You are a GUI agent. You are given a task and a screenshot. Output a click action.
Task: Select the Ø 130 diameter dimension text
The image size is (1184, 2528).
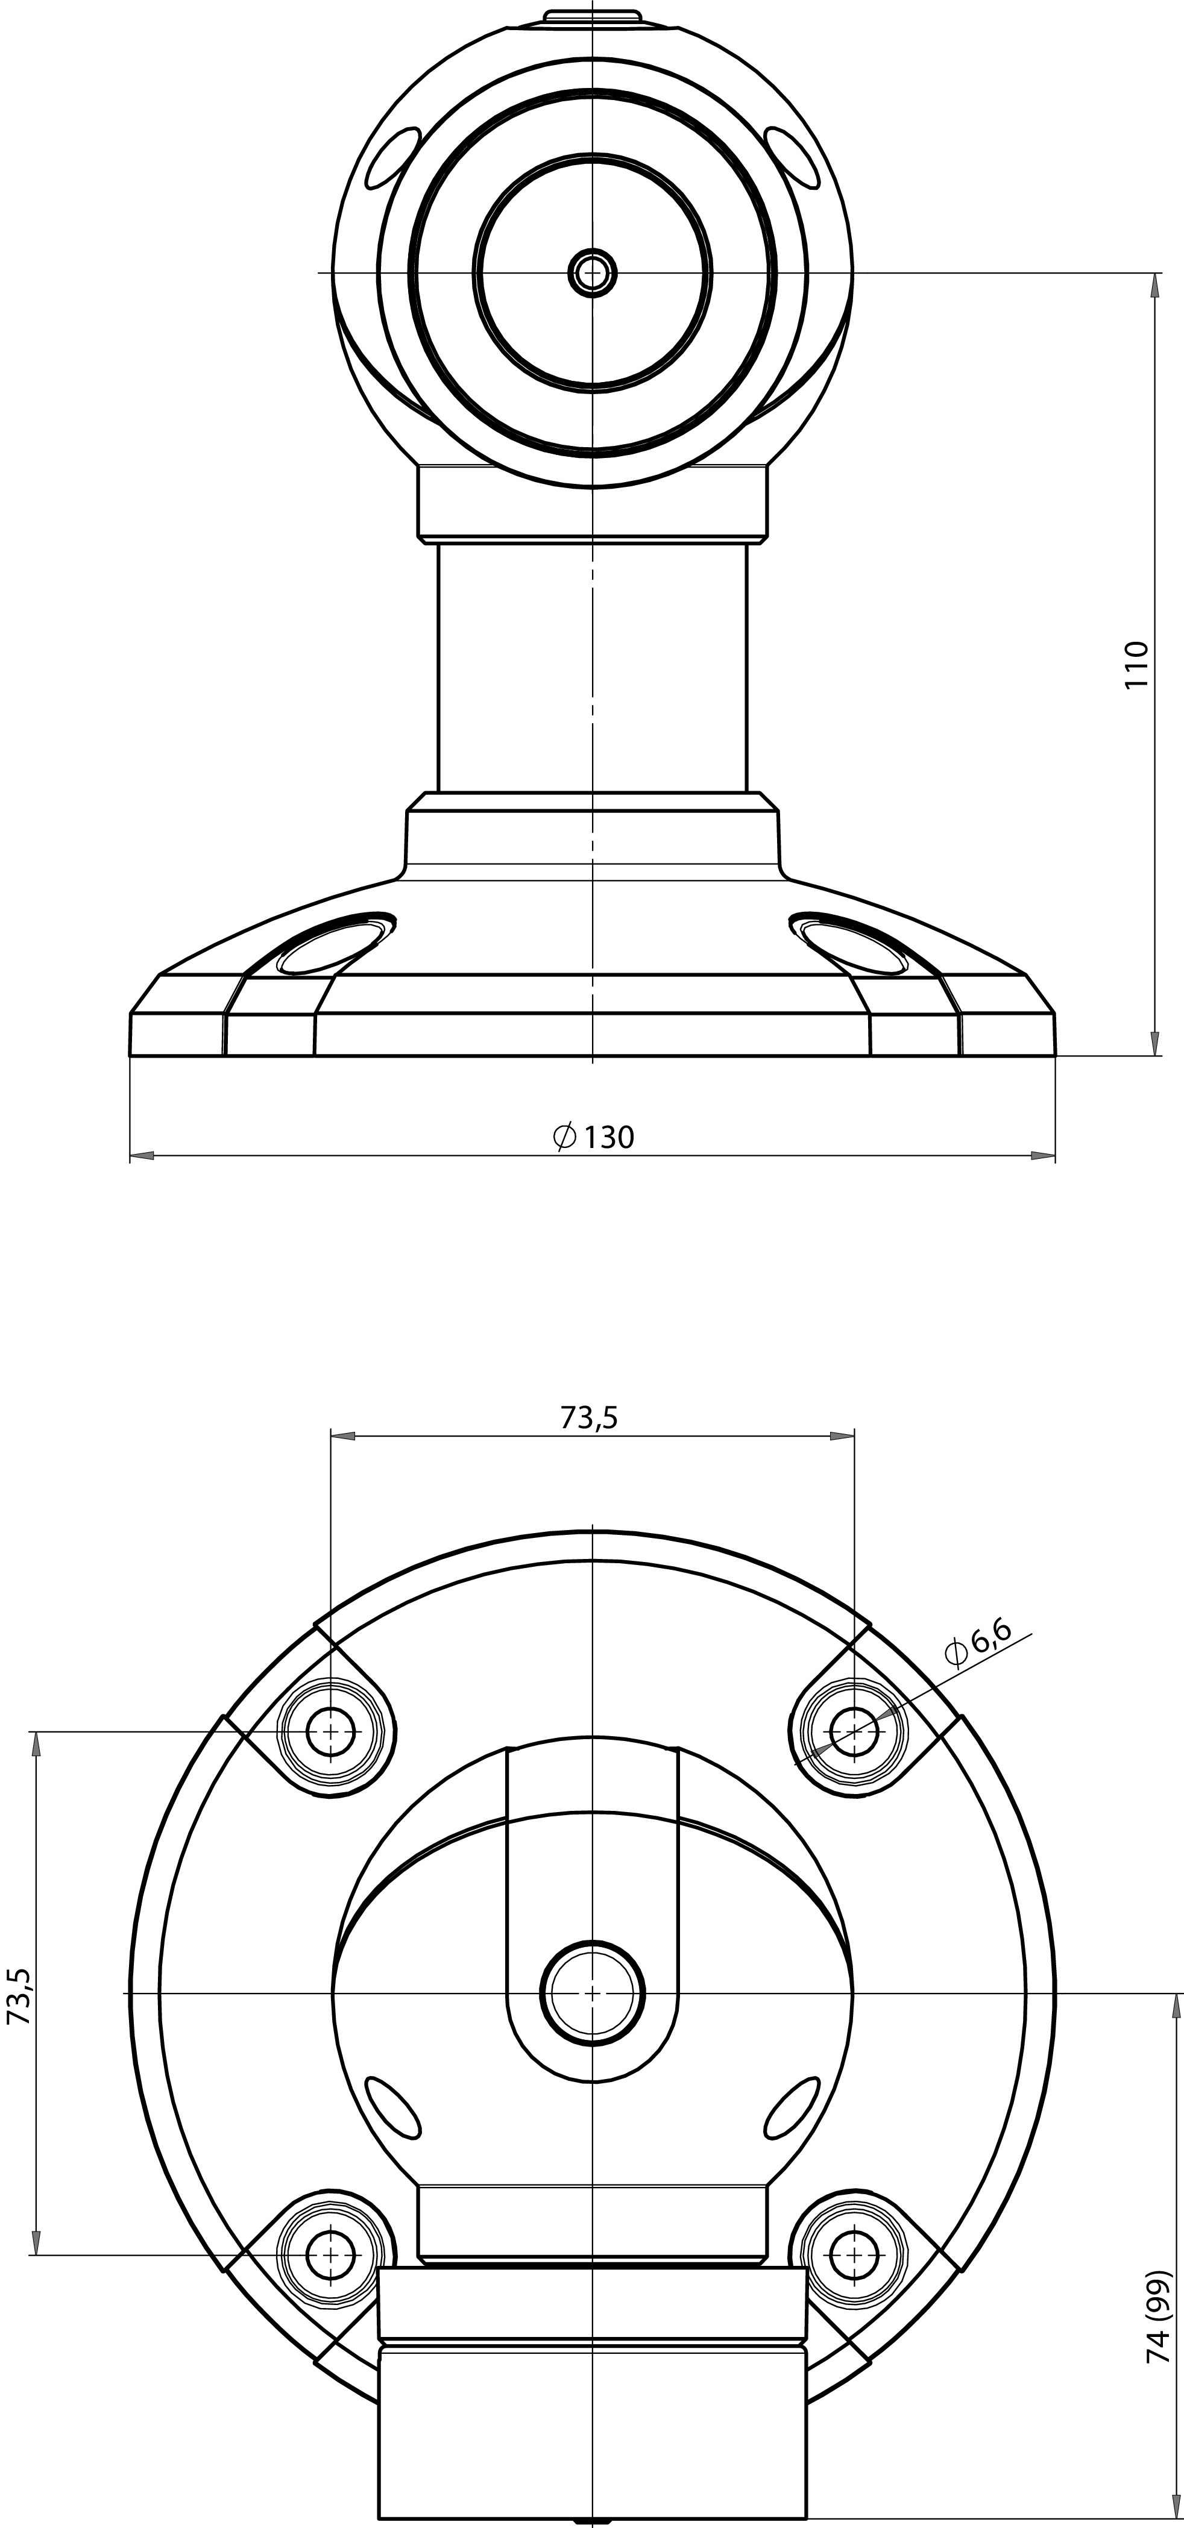coord(593,1137)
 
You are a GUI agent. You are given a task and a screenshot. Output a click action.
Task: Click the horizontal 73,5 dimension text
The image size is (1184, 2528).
coord(589,1417)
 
